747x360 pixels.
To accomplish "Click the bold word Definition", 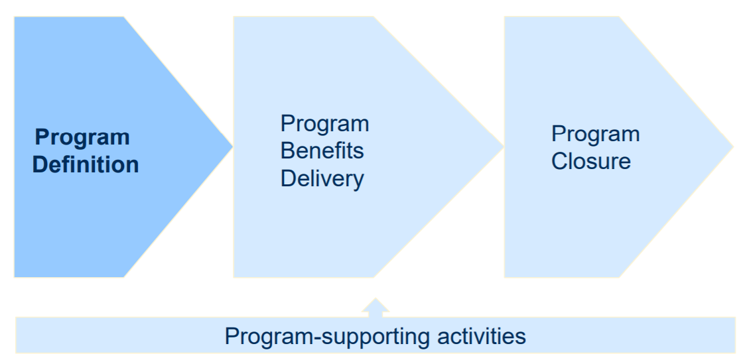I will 86,164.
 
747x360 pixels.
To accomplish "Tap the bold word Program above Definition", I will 82,137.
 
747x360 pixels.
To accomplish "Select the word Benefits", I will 322,150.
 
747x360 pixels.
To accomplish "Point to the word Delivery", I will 322,178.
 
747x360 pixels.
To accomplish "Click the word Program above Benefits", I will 324,123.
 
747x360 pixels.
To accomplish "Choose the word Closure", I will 590,161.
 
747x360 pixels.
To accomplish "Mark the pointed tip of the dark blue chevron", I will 232,147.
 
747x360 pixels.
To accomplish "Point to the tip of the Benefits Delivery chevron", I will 502,147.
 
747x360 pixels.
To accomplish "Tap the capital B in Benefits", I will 287,150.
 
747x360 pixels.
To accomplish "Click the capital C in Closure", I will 559,161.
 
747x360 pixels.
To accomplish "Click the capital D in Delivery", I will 287,178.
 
